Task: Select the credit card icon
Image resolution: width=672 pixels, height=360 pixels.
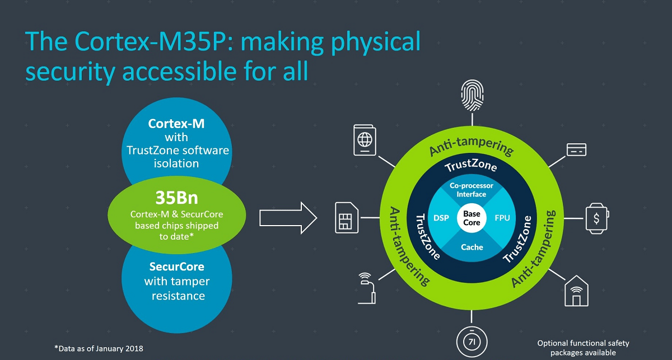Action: coord(576,149)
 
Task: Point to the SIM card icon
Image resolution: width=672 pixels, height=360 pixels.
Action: coord(344,217)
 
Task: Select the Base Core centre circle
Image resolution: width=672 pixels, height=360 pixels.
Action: coord(472,218)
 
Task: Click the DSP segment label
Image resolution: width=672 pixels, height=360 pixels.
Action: coord(441,218)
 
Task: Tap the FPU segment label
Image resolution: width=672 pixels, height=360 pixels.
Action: coord(502,218)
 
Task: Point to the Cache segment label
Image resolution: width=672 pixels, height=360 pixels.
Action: coord(472,247)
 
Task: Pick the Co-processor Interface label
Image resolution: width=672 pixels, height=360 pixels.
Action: coord(472,189)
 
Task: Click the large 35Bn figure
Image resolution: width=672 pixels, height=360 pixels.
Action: coord(176,199)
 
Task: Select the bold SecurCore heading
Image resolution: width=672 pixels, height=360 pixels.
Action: coord(176,267)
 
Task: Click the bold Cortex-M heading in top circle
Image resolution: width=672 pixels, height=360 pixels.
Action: coord(176,123)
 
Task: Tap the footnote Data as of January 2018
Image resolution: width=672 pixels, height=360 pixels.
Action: coord(99,348)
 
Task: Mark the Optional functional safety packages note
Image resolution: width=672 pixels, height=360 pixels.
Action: coord(583,348)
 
